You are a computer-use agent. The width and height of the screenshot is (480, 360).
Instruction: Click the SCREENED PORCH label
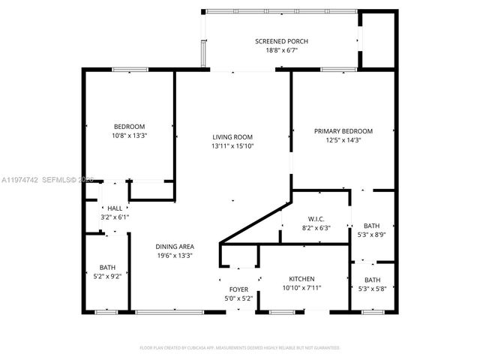281,40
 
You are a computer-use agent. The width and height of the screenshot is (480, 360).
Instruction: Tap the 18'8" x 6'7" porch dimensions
281,50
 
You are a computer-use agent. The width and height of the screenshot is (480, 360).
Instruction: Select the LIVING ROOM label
232,136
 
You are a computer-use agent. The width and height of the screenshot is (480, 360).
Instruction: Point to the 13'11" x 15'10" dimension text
232,146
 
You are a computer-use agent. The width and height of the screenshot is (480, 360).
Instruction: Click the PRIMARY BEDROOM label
343,130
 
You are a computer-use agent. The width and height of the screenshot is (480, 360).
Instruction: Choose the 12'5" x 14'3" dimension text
343,140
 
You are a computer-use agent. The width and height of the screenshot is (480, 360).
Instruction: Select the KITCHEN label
302,278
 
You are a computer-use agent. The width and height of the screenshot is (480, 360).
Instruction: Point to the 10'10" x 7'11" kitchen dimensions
302,288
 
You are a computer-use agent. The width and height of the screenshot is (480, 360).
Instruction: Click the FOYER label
239,289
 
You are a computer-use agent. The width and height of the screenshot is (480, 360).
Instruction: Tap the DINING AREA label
175,246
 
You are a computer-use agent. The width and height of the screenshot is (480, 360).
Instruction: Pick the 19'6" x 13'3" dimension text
175,256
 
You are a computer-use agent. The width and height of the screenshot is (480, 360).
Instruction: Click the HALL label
115,208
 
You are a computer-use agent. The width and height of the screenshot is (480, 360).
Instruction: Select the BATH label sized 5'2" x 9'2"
108,268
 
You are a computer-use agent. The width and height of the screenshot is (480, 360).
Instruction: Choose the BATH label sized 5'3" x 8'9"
371,226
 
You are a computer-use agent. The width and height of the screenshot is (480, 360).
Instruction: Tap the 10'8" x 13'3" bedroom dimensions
129,136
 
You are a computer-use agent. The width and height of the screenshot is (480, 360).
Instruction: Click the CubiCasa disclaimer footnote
240,348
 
